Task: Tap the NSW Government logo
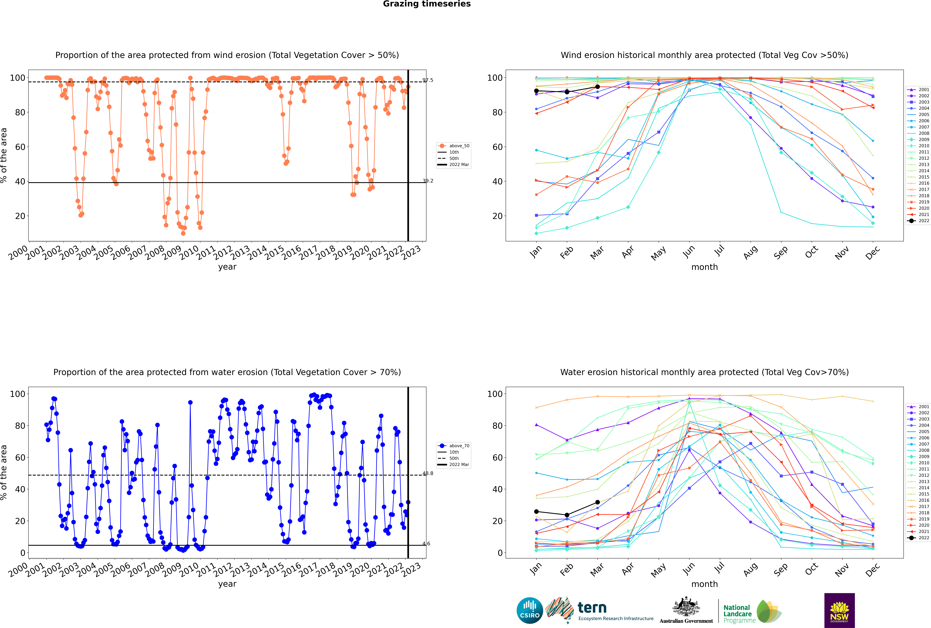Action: coord(839,610)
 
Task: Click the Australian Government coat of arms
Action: coord(686,607)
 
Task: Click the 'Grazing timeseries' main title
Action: coord(427,4)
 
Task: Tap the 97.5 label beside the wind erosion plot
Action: coord(428,80)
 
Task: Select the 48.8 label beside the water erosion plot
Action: coord(428,473)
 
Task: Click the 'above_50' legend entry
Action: coord(454,146)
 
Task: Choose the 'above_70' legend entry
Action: coord(454,446)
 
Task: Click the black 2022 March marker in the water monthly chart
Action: coord(598,502)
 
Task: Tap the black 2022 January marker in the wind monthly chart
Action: coord(536,91)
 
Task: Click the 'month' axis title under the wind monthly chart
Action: coord(704,267)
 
